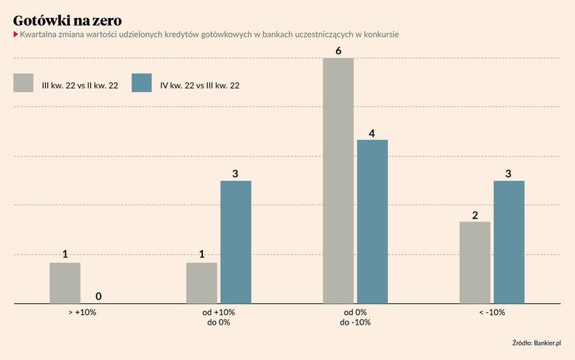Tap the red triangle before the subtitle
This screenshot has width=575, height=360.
16,35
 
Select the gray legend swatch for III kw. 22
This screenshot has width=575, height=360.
24,82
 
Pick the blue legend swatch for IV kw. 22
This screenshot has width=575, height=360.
141,82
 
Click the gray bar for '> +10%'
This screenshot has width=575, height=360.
65,282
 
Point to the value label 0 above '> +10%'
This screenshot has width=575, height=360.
98,296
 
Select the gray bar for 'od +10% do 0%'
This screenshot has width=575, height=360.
202,282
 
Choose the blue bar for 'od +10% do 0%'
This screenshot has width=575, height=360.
236,242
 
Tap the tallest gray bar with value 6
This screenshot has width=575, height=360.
338,180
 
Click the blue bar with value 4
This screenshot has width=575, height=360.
372,221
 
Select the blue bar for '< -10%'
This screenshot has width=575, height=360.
508,242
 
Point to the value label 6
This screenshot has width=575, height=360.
338,51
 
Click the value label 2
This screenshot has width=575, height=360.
475,215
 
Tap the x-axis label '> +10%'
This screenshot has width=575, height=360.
82,312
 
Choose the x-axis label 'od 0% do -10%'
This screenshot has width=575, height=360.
355,317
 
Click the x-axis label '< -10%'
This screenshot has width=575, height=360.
492,312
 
